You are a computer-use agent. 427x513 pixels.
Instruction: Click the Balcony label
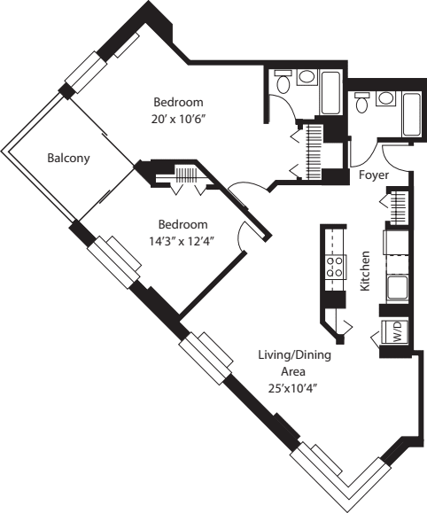(67, 159)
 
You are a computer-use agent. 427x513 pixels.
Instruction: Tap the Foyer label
(375, 175)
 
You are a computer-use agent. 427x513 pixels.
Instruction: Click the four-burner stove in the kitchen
(336, 267)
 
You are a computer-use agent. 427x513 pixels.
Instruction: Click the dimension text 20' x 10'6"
(180, 117)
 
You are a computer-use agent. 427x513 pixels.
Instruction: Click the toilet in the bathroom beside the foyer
(362, 104)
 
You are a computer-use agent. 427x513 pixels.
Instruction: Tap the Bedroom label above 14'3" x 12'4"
(182, 224)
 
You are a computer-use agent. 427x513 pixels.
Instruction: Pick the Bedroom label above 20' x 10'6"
(178, 101)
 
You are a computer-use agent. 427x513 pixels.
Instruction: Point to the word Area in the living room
(292, 371)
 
